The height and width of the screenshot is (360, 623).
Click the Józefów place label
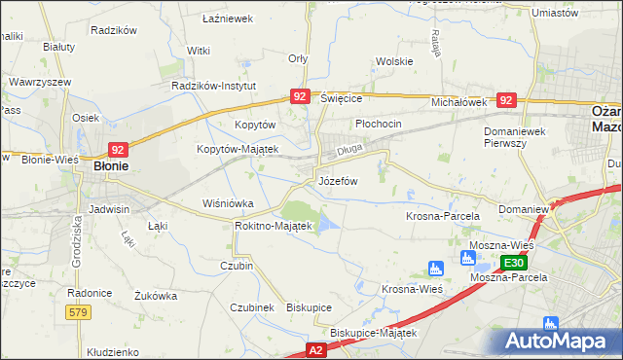pos(338,182)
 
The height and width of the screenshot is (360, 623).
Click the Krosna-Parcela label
pos(440,215)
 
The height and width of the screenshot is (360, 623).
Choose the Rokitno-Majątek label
pos(273,226)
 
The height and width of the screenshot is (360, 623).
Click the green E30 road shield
pos(515,263)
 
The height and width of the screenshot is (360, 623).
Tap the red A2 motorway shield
pos(316,347)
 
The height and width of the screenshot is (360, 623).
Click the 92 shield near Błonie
pos(118,150)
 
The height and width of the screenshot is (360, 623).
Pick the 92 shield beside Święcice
pos(300,96)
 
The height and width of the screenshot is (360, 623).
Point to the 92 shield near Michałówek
pos(504,100)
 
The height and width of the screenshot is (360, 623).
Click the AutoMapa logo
pos(559,342)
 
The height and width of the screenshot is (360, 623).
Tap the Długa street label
pos(348,151)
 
